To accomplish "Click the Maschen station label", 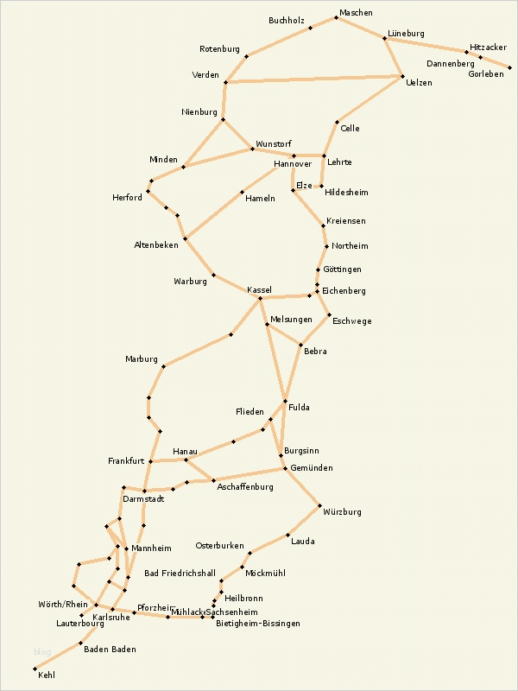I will pyautogui.click(x=356, y=13).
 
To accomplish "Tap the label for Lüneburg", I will pyautogui.click(x=406, y=33).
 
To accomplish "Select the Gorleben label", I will pyautogui.click(x=486, y=74).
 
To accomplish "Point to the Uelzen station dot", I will pyautogui.click(x=402, y=77).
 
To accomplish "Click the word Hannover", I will pyautogui.click(x=292, y=164).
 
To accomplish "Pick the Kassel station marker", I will pyautogui.click(x=260, y=298).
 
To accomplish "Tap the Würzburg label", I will pyautogui.click(x=342, y=512).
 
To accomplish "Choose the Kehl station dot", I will pyautogui.click(x=35, y=669).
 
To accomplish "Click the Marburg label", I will pyautogui.click(x=142, y=359).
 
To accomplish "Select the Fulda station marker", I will pyautogui.click(x=285, y=402).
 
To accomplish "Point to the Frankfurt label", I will pyautogui.click(x=126, y=461).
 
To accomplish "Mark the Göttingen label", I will pyautogui.click(x=342, y=269).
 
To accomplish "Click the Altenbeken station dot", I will pyautogui.click(x=185, y=238).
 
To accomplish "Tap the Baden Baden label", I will pyautogui.click(x=110, y=649).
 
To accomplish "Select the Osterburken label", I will pyautogui.click(x=220, y=546).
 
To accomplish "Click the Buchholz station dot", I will pyautogui.click(x=309, y=28).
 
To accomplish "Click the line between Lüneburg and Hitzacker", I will pyautogui.click(x=426, y=45).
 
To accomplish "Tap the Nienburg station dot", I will pyautogui.click(x=224, y=119).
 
